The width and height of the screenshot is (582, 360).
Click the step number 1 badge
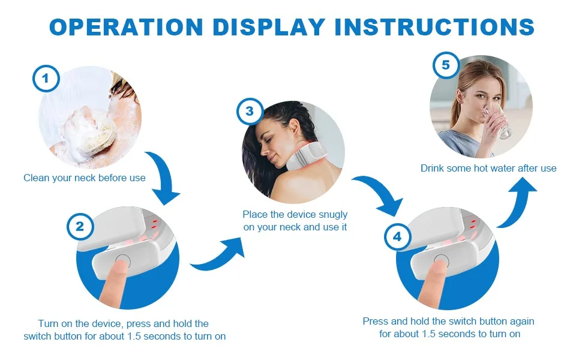(x=46, y=79)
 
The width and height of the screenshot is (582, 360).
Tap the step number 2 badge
(x=80, y=226)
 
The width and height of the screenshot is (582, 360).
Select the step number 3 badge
(x=250, y=112)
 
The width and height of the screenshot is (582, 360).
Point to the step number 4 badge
(x=397, y=236)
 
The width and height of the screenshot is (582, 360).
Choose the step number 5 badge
(x=445, y=65)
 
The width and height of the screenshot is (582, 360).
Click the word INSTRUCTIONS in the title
(x=433, y=26)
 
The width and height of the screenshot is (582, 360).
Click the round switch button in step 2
(x=122, y=261)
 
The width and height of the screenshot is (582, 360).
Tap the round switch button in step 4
(x=442, y=261)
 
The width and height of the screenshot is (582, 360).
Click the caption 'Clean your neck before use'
(x=85, y=178)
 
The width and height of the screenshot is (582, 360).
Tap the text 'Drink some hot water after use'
(x=488, y=168)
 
